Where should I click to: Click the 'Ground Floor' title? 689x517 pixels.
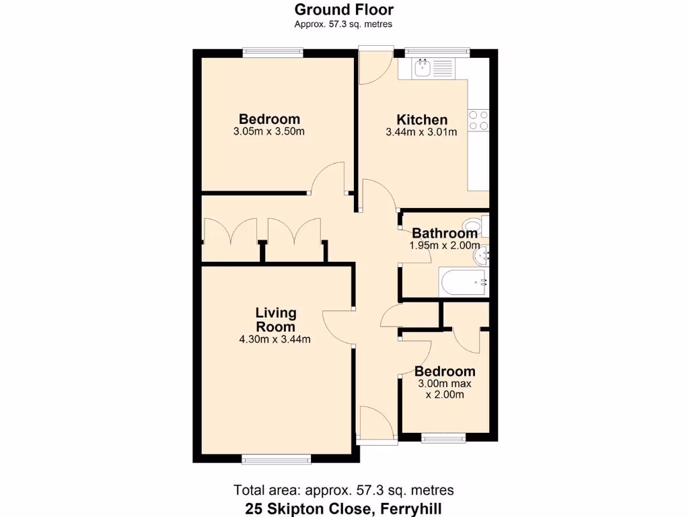tap(344, 9)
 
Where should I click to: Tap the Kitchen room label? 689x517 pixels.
tap(421, 119)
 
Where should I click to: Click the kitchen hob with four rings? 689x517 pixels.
tap(478, 120)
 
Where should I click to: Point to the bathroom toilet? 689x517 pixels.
tap(474, 225)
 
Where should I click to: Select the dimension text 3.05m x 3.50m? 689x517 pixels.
tap(268, 132)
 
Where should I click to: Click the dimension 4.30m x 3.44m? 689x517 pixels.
tap(275, 339)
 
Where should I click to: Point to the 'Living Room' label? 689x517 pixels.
tap(276, 320)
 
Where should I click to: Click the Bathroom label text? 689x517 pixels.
tap(445, 234)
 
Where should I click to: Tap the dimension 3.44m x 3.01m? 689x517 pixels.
tap(421, 133)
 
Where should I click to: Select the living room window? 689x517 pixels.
tap(276, 459)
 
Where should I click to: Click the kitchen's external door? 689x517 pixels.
tap(375, 66)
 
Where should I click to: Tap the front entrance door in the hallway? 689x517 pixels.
tap(375, 424)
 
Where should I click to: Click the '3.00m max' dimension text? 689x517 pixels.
tap(445, 384)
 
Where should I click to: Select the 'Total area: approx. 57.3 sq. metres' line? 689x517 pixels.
tap(344, 489)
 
